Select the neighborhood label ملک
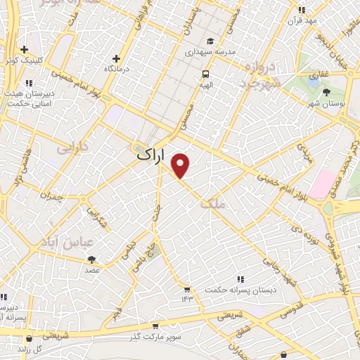[212, 204]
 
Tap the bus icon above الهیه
[205, 73]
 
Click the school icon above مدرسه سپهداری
[211, 41]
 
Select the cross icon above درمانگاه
[117, 58]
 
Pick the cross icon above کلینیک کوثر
[25, 50]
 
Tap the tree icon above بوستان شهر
[327, 91]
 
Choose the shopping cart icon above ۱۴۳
[186, 289]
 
